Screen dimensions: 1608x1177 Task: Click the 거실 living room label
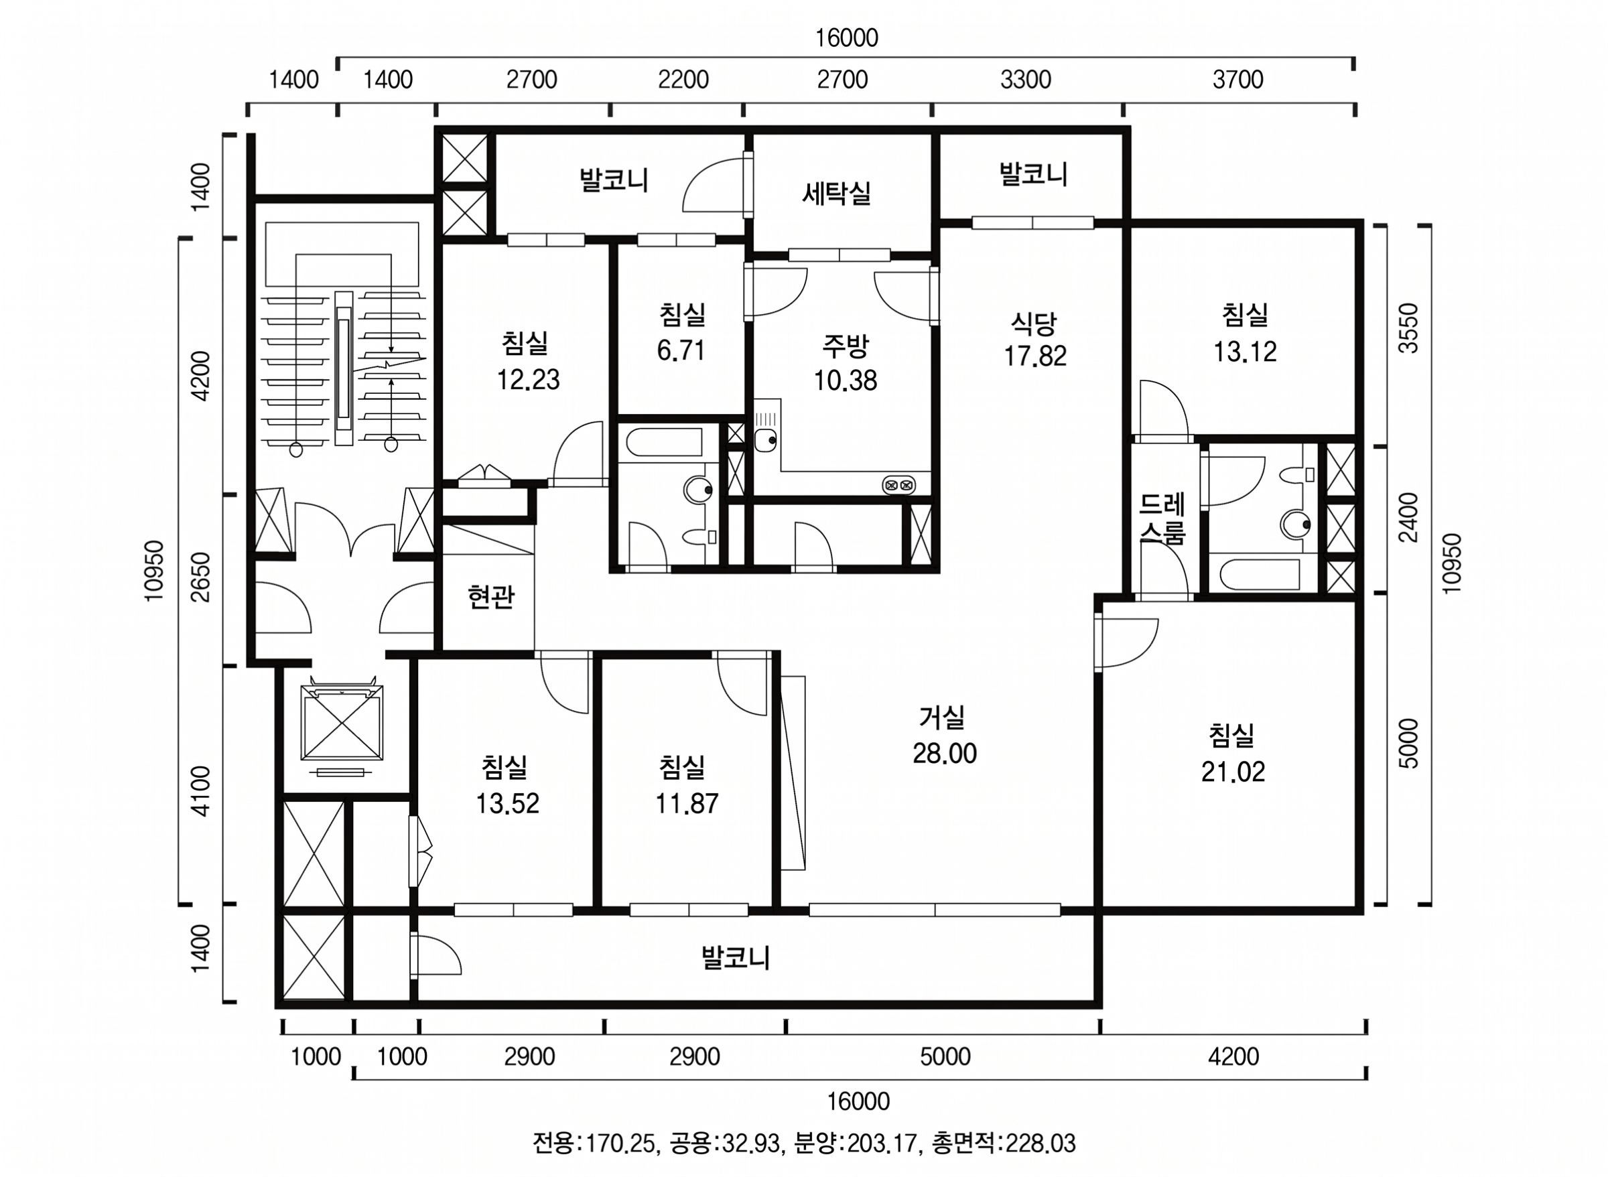pos(941,717)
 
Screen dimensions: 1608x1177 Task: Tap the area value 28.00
pos(945,753)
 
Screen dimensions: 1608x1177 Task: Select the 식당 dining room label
pos(1034,324)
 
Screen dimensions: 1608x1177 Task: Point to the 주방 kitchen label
pos(845,347)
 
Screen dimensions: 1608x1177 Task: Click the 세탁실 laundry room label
pos(836,192)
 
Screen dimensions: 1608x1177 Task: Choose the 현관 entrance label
pos(490,596)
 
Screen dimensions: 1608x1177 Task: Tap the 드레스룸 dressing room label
pos(1161,518)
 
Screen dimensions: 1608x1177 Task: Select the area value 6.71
pos(681,350)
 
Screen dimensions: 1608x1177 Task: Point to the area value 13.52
pos(507,803)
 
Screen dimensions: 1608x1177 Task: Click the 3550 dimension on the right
pos(1408,328)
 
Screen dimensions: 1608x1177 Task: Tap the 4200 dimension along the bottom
pos(1233,1056)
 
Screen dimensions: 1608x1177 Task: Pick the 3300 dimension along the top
pos(1025,79)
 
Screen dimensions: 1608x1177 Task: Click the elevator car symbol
pos(342,723)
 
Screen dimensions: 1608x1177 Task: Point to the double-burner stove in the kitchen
pos(898,485)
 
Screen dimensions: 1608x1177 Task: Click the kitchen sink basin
pos(766,439)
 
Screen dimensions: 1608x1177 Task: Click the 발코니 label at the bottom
pos(735,957)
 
